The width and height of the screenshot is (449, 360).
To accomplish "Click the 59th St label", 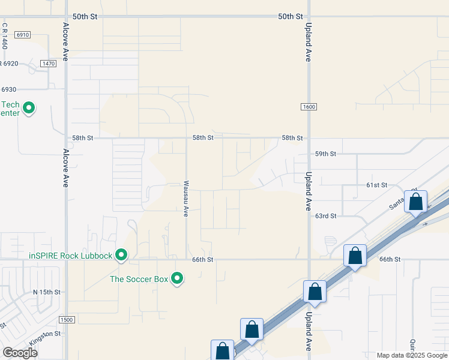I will click(326, 154).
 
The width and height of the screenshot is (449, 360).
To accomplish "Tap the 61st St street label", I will click(377, 185).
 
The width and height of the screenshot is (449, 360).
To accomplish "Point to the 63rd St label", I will click(326, 215).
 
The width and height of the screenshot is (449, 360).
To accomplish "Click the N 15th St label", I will click(47, 292).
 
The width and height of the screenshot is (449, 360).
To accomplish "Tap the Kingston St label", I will click(46, 334).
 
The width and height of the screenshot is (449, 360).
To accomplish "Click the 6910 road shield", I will click(23, 35).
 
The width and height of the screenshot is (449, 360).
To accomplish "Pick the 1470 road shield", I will click(48, 64).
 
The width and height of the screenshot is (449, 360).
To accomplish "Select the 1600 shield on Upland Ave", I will click(309, 107).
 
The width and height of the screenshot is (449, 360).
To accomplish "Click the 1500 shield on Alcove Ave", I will click(67, 320).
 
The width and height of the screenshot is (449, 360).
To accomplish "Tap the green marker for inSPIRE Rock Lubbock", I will click(121, 255).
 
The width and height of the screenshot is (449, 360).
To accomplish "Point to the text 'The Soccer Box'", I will click(139, 278).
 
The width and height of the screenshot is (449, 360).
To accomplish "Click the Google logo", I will click(19, 353).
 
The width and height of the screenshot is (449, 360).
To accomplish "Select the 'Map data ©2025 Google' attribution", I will click(411, 355).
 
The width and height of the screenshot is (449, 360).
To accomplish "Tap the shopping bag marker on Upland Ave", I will click(315, 292).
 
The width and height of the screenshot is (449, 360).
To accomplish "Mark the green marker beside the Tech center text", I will click(28, 109).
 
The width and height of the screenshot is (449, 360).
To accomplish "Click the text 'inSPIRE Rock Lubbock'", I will click(71, 256).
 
